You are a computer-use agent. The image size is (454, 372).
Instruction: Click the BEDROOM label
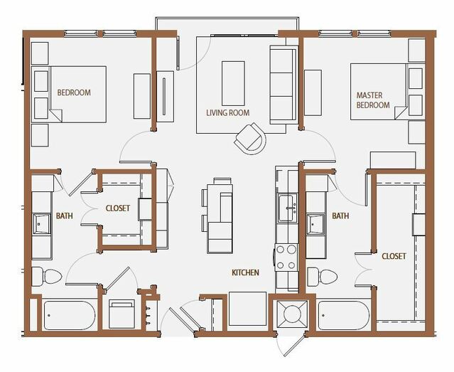pos(74,92)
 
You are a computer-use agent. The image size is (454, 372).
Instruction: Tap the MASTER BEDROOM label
pos(373,100)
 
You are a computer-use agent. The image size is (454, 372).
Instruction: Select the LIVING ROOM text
pos(228,113)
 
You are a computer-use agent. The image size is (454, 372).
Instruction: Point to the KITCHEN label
pos(245,272)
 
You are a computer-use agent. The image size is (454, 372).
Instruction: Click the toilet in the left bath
pos(47,277)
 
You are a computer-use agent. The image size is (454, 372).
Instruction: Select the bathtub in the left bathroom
pos(70,316)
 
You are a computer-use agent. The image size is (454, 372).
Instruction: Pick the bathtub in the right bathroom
pos(344,316)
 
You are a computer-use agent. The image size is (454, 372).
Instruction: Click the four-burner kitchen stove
pos(286,257)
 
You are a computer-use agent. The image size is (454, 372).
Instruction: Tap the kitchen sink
pos(287,208)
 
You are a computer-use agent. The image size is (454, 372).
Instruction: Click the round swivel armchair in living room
pos(250,139)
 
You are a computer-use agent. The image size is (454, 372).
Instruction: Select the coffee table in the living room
pos(233,83)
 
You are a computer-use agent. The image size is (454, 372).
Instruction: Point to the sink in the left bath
pos(41,224)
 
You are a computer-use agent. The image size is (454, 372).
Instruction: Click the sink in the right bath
pos(316,224)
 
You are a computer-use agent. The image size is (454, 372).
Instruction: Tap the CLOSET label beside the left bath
pos(118,208)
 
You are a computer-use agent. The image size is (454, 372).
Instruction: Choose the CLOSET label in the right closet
pos(394,256)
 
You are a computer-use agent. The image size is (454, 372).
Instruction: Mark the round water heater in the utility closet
pos(292,314)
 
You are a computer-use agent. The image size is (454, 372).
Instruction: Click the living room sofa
pos(283,85)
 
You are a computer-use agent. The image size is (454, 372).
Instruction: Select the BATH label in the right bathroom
pos(340,216)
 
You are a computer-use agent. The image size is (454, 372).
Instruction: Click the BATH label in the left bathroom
pos(64,216)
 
